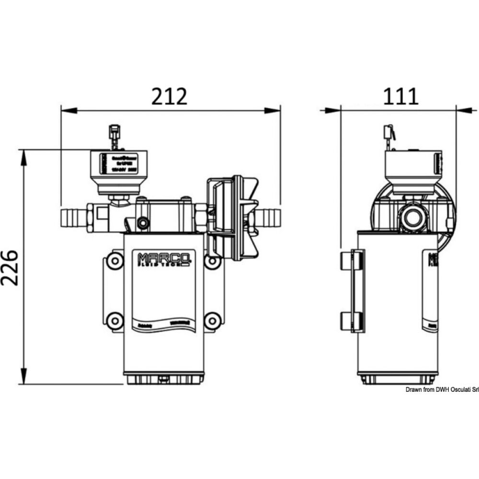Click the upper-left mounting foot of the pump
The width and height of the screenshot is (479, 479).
pos(114,261)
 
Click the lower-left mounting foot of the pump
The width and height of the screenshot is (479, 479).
pos(114,320)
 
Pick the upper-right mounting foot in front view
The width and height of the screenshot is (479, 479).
pos(212,261)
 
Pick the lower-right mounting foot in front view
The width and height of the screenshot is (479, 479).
pos(212,320)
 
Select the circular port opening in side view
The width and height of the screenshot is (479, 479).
pos(412,217)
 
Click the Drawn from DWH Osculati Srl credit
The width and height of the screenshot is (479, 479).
pos(442,390)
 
